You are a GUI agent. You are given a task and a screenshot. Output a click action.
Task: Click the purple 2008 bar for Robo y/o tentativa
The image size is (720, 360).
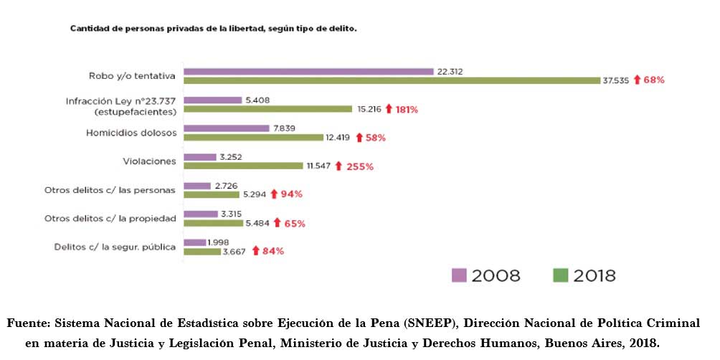pos(308,72)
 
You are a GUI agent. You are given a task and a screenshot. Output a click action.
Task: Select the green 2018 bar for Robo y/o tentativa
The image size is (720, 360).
pos(392,81)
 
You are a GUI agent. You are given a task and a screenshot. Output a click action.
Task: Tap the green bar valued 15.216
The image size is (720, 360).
pos(269,109)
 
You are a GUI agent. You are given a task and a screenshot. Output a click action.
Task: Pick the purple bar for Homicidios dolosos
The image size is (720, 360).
pos(219,128)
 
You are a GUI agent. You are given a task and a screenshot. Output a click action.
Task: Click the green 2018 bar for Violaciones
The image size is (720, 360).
pos(243,166)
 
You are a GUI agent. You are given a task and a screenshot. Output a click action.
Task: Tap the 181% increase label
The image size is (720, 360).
pos(406,110)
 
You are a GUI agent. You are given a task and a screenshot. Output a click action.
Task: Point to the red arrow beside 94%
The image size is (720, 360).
pos(273,194)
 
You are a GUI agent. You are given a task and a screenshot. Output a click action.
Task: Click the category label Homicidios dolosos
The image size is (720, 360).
pos(131,133)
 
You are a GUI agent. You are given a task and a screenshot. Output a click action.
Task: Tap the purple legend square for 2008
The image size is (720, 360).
pos(459,275)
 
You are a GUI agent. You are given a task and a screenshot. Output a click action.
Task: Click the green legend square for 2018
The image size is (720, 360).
pos(561,275)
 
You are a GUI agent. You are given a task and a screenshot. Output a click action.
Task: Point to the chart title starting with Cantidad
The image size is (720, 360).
pos(213,29)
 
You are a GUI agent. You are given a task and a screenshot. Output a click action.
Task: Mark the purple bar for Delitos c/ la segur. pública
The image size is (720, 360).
pos(194,242)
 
